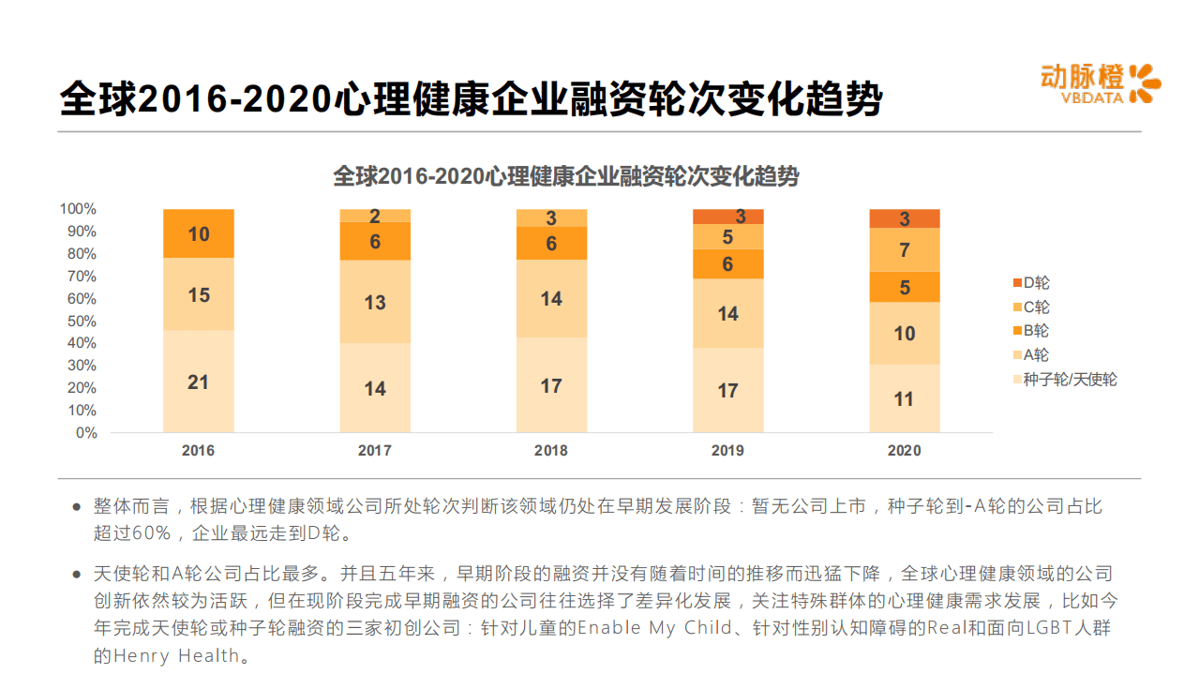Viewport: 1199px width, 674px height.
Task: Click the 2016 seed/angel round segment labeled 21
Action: tap(198, 382)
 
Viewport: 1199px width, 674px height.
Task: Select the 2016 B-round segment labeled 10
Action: tap(198, 233)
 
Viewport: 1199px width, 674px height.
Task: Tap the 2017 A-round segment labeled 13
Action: tap(374, 302)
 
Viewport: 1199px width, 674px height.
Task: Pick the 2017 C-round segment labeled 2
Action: tap(374, 216)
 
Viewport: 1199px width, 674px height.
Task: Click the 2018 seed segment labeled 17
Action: tap(551, 385)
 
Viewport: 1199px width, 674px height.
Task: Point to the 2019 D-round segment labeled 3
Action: tap(727, 217)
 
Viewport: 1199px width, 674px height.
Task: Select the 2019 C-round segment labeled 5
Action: tap(727, 237)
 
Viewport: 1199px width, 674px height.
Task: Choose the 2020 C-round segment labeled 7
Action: tap(904, 250)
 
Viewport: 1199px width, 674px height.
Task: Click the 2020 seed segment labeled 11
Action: tap(904, 398)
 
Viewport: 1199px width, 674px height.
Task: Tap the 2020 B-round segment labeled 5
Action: tap(904, 287)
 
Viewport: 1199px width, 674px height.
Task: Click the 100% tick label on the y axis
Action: tap(79, 208)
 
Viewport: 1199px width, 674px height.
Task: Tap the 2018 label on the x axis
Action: tap(551, 451)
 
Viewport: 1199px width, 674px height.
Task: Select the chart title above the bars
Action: tap(566, 176)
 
